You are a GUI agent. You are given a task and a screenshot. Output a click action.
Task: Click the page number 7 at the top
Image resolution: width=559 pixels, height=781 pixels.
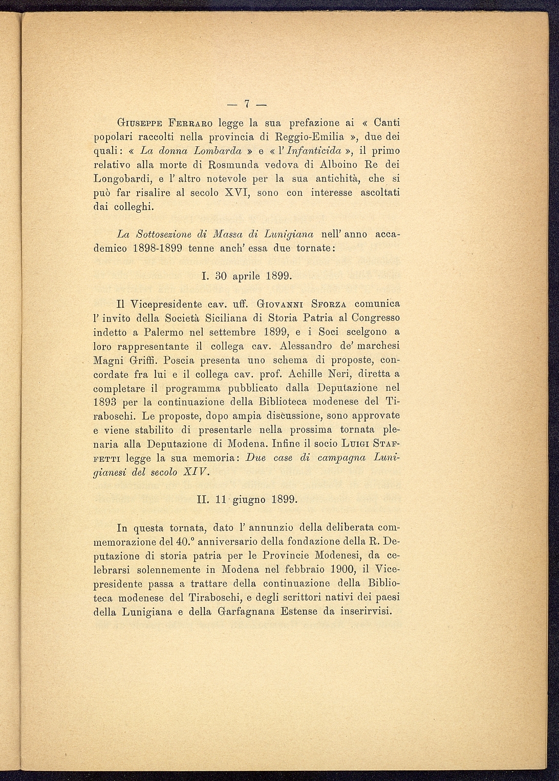pos(247,104)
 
